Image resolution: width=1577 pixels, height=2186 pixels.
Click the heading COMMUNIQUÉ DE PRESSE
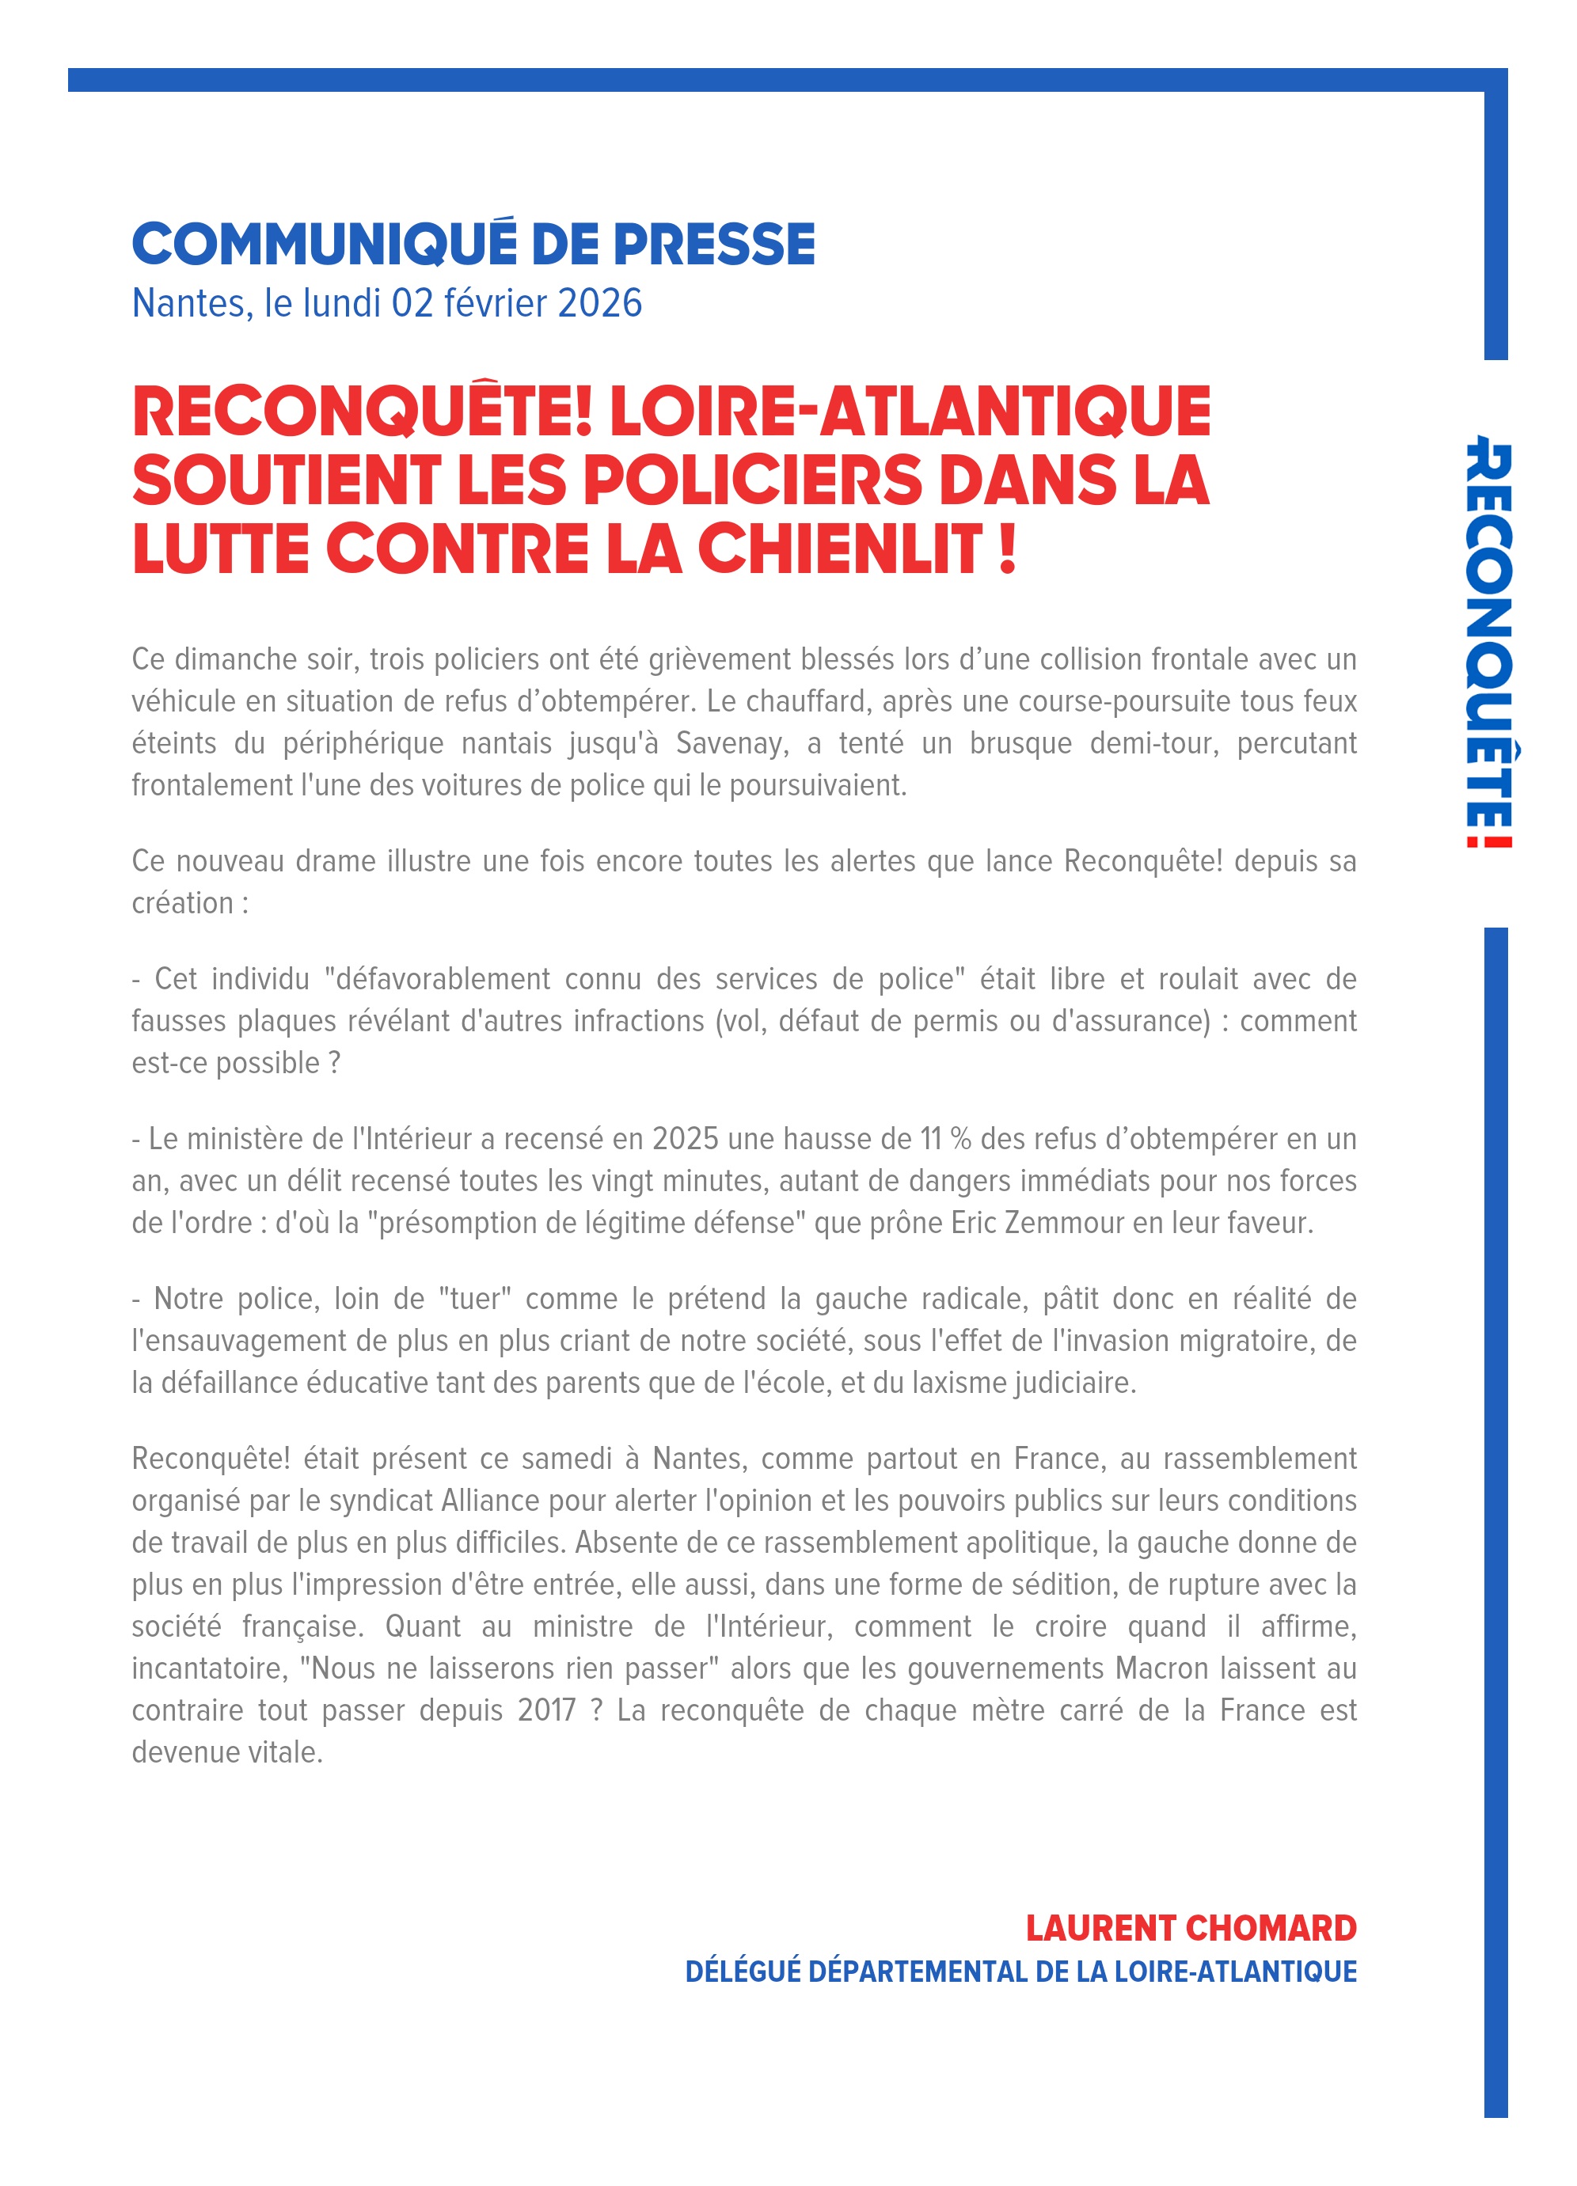(473, 244)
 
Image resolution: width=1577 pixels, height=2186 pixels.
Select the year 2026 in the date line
(598, 304)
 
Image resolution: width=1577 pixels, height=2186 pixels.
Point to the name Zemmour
(1064, 1222)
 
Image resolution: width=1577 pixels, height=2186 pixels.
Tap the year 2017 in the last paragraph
(545, 1711)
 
